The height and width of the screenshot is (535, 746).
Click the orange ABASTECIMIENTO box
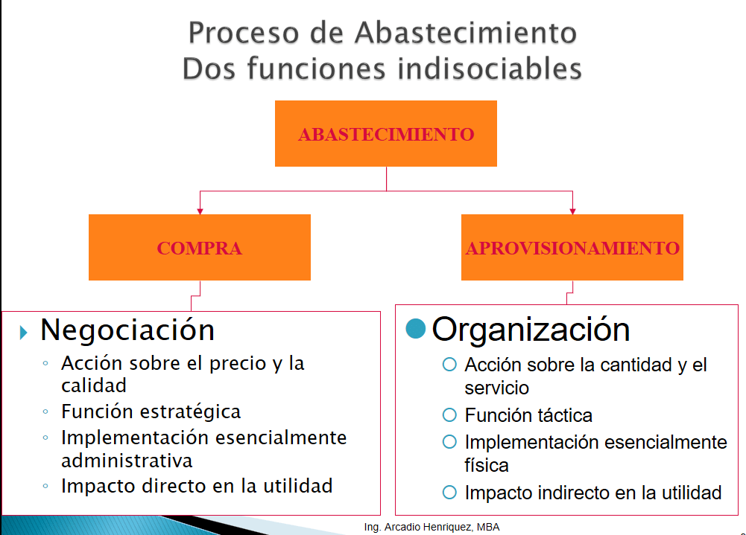pos(386,134)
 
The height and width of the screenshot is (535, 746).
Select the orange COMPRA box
pos(199,248)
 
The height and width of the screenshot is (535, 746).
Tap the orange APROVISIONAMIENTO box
pos(572,248)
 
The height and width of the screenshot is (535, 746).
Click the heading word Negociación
pos(127,330)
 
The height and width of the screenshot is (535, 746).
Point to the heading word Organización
pos(531,329)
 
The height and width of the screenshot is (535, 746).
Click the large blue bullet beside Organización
pos(415,328)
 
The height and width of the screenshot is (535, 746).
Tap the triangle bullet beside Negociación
pos(24,331)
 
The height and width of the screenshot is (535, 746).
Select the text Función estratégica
pos(151,411)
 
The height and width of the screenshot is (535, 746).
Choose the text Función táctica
pos(528,415)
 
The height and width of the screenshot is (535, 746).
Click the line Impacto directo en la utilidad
pos(197,486)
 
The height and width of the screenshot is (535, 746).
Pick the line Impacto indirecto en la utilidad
pos(593,492)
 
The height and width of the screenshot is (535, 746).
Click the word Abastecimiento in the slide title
pos(465,33)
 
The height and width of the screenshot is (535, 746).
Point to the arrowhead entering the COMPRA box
pos(200,211)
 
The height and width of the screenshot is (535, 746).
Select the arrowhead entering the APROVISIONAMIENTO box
pos(572,211)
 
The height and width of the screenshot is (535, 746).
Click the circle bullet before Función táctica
pos(449,414)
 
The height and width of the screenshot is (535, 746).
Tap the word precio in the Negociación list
pos(247,364)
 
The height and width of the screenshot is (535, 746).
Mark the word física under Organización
pos(487,466)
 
